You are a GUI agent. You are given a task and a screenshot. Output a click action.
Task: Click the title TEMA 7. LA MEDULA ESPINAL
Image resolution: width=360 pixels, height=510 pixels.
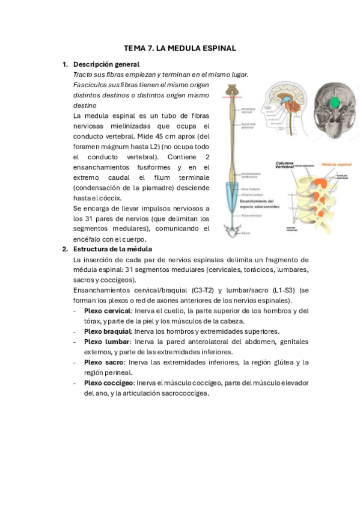click(180, 48)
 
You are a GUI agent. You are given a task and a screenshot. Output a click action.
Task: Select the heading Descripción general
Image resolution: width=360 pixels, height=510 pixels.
click(106, 64)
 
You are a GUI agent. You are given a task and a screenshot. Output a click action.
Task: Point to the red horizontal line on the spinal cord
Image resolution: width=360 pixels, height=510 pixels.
click(232, 96)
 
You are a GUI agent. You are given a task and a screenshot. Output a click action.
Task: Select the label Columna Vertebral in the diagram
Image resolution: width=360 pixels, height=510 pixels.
click(286, 165)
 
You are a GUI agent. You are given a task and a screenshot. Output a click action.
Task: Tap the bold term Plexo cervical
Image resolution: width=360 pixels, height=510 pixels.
click(107, 311)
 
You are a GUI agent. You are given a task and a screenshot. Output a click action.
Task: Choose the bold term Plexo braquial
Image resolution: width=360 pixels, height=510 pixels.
click(108, 331)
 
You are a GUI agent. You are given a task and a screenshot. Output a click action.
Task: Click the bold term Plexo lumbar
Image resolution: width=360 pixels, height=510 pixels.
click(106, 342)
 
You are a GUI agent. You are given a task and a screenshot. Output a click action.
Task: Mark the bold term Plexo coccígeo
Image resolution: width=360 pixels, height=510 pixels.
click(109, 382)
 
